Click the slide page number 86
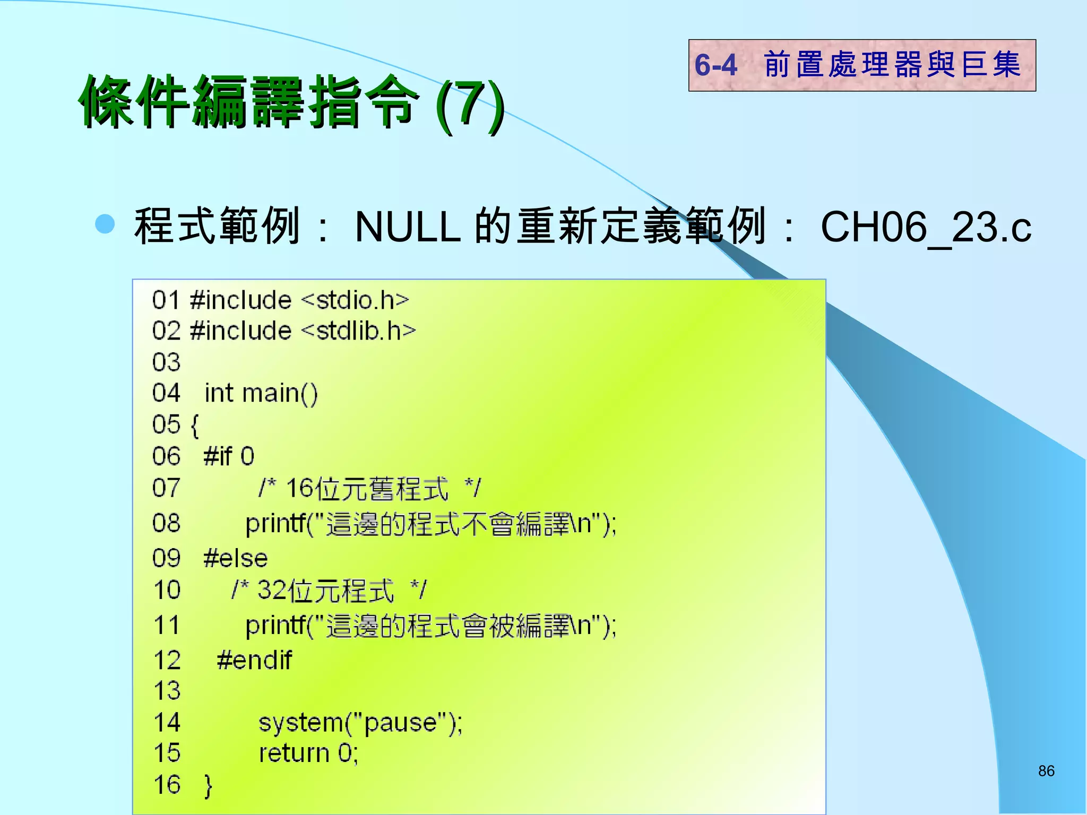click(x=1046, y=771)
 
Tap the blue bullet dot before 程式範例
click(x=105, y=224)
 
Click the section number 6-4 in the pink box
click(x=716, y=65)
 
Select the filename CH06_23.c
click(x=926, y=227)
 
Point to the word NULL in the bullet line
click(x=408, y=227)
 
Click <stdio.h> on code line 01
click(x=355, y=300)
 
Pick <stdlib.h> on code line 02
click(x=358, y=331)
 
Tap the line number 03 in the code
click(x=166, y=362)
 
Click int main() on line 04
click(x=261, y=394)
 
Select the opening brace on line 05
click(x=195, y=426)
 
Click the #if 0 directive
click(x=229, y=456)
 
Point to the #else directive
click(x=236, y=558)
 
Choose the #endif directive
click(x=254, y=661)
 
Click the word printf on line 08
click(x=276, y=524)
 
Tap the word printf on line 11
click(x=276, y=626)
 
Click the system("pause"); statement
click(x=360, y=723)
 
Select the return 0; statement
click(x=308, y=753)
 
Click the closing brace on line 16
click(x=208, y=786)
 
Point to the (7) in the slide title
click(x=470, y=105)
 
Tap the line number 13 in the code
click(x=167, y=691)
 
